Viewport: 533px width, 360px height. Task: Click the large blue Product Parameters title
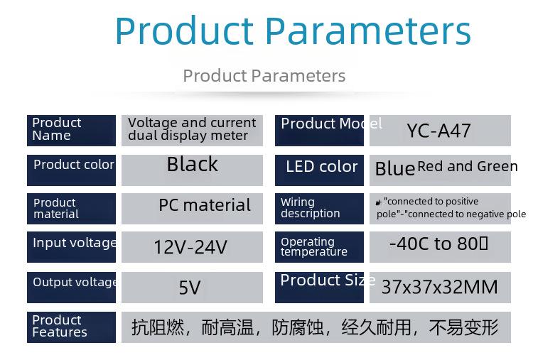click(293, 31)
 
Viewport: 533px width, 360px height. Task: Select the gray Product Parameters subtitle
click(264, 75)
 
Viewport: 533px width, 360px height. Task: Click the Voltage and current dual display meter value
click(192, 129)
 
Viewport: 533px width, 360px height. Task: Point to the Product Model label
click(331, 124)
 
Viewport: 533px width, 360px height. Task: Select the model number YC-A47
click(439, 131)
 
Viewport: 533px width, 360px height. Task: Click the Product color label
click(74, 165)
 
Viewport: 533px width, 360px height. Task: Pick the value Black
click(193, 164)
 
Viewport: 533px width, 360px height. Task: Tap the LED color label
click(321, 167)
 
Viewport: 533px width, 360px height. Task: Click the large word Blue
click(395, 169)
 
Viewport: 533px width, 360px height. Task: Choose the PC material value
click(205, 205)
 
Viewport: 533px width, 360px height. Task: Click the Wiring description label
click(310, 207)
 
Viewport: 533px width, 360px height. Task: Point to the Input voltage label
click(75, 243)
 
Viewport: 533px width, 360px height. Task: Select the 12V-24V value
click(190, 247)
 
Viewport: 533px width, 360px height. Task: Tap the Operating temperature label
click(313, 246)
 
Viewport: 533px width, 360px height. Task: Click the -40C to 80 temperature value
click(438, 244)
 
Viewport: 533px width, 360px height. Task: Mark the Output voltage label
click(75, 283)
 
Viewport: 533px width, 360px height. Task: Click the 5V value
click(190, 288)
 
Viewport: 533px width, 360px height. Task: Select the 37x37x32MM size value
click(439, 287)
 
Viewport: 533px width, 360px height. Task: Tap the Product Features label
click(60, 326)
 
